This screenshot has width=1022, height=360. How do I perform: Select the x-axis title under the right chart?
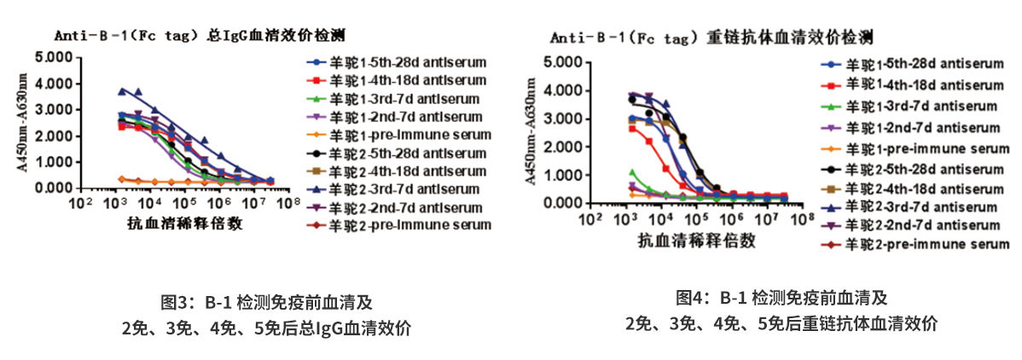pyautogui.click(x=696, y=241)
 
